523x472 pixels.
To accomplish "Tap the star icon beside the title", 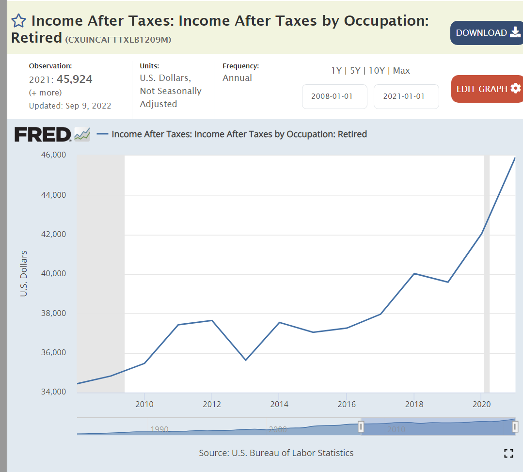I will coord(18,21).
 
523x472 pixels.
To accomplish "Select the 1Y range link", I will coord(336,71).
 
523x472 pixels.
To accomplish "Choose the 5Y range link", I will coord(355,71).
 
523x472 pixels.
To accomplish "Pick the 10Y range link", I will coord(377,71).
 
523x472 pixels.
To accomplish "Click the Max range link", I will coord(401,71).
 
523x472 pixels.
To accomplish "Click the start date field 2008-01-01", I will coord(332,96).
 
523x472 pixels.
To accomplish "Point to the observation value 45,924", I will coord(75,79).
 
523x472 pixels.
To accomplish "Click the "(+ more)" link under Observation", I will coord(46,93).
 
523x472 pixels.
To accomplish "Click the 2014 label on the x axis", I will coord(279,404).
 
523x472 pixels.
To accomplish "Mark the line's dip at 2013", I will coord(245,360).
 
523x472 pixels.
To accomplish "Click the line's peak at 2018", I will coord(414,273).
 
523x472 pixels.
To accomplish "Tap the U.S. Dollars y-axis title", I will coord(24,274).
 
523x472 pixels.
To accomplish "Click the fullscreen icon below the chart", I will coord(508,454).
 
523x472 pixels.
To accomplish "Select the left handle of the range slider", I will coord(361,426).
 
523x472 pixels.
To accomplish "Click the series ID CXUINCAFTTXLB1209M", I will coord(118,39).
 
